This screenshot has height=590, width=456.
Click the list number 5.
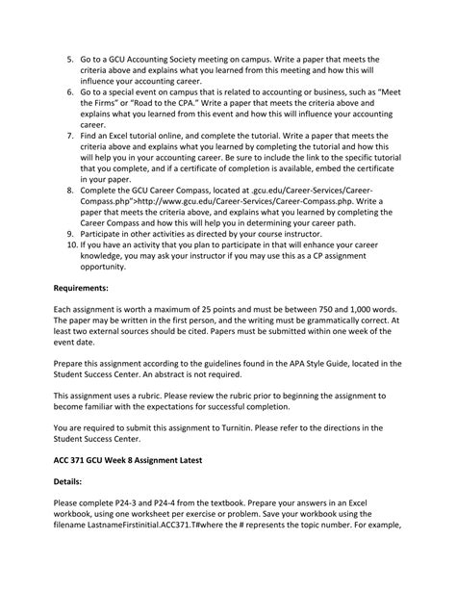[70, 59]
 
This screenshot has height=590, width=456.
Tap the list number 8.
[70, 191]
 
